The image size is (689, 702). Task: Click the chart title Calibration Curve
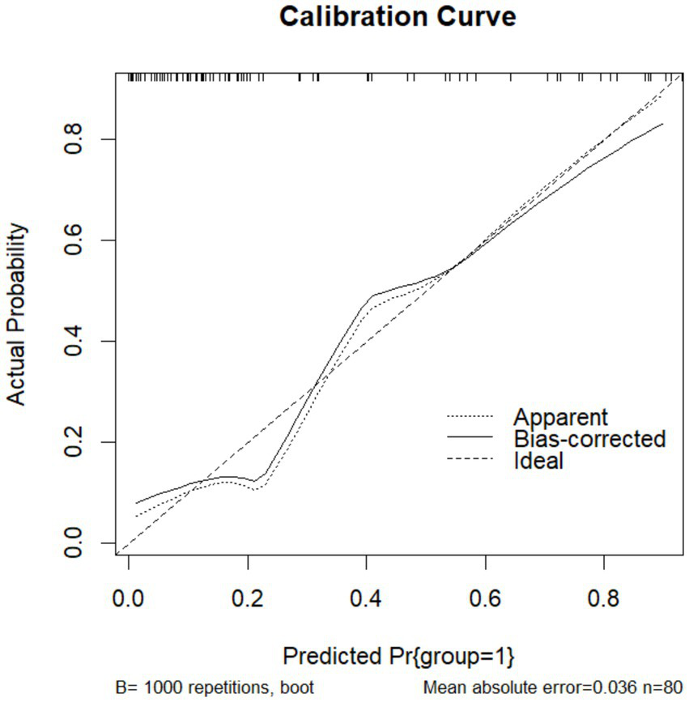pos(397,17)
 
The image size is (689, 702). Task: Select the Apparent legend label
pos(559,418)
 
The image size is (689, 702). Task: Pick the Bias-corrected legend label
pos(589,440)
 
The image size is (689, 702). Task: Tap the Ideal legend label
pos(538,462)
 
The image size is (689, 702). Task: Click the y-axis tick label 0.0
pos(74,543)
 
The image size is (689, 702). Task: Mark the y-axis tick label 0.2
pos(74,442)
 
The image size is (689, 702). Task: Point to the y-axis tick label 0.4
pos(74,341)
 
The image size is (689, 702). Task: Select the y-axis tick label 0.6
pos(74,240)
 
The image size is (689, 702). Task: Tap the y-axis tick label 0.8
pos(74,139)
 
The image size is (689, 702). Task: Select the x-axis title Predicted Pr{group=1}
pos(398,653)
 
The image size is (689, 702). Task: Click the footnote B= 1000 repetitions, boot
pos(214,689)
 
